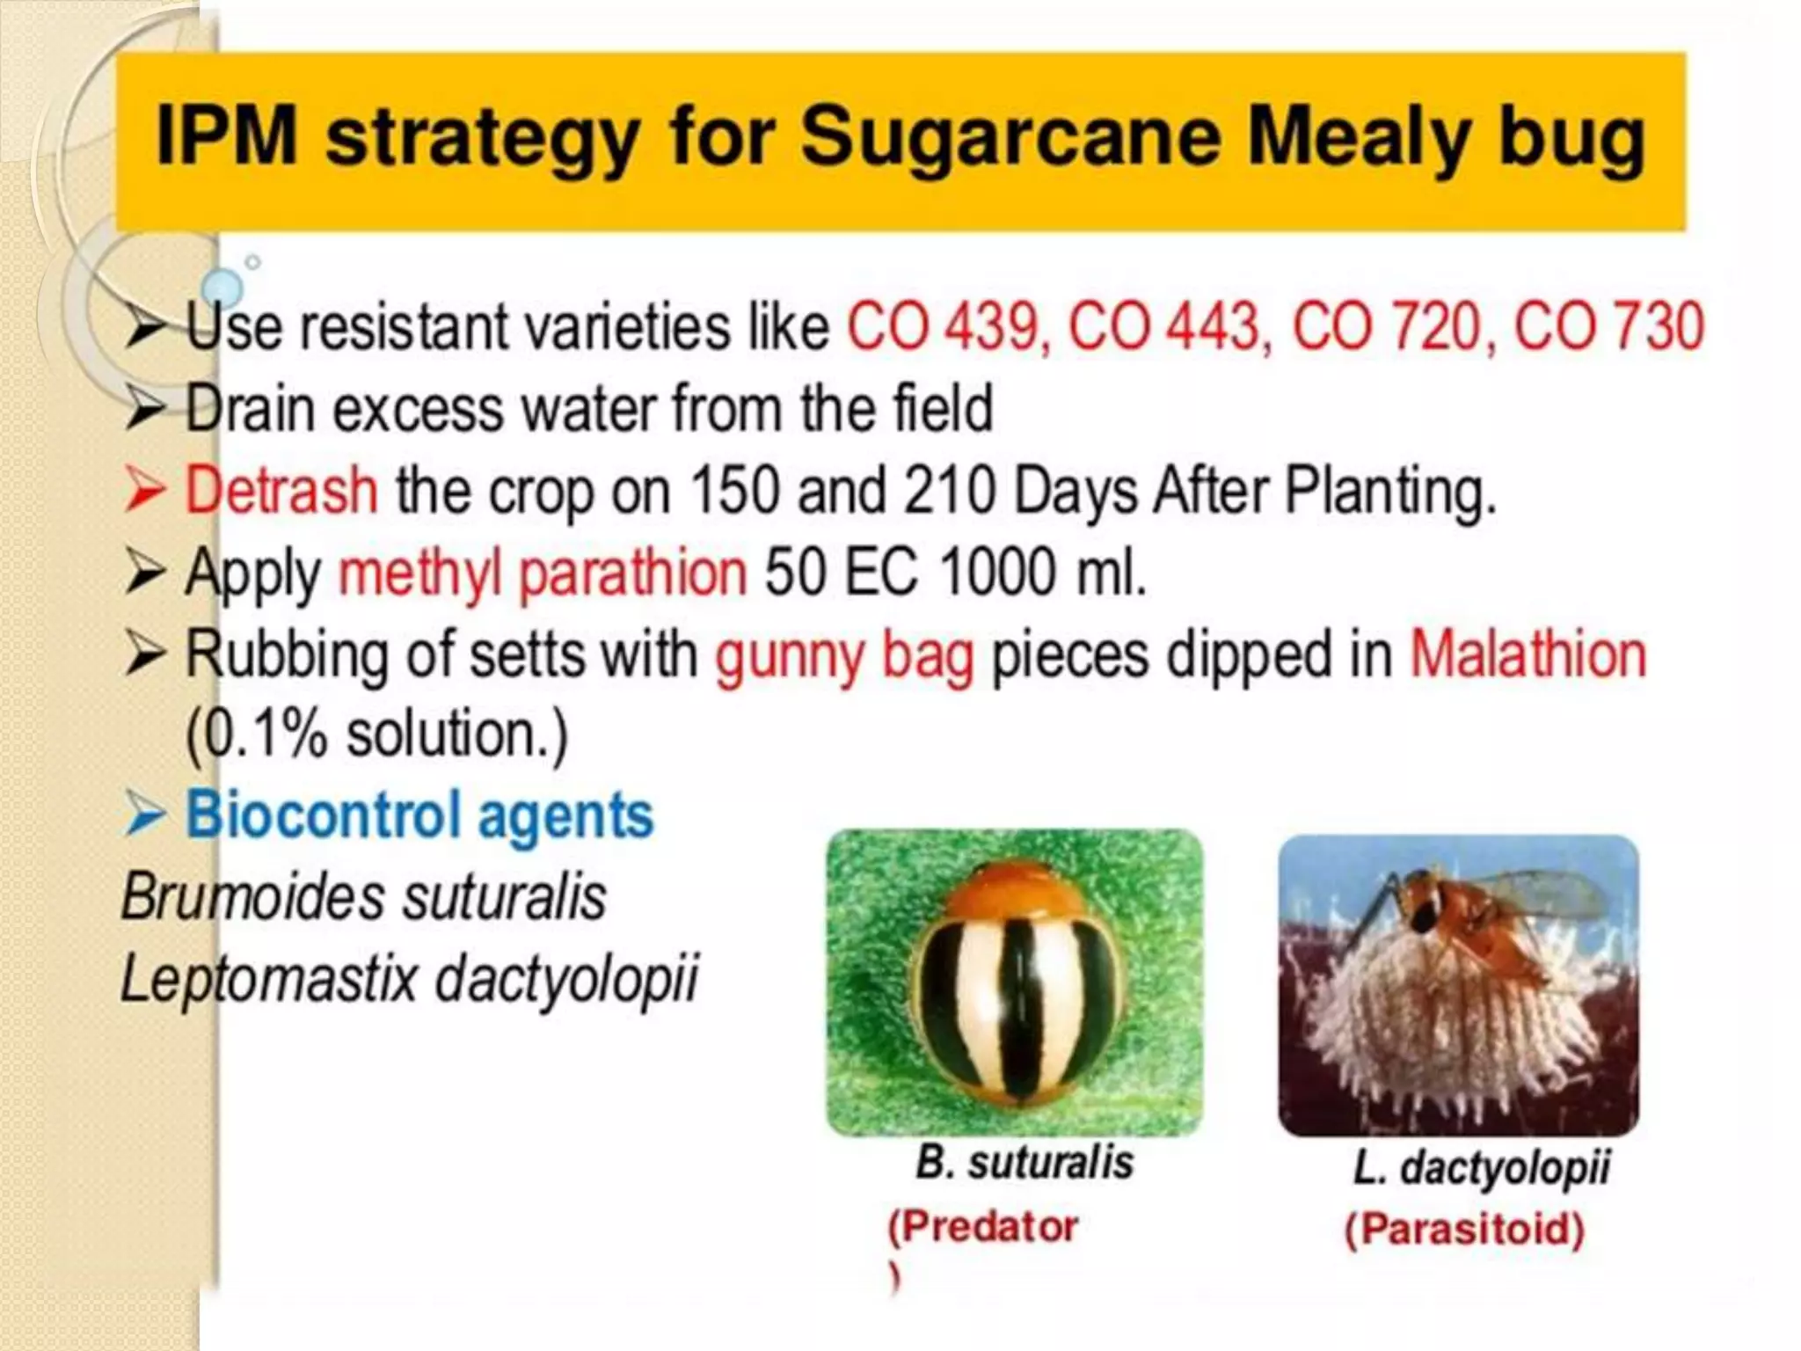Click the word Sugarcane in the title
1011,136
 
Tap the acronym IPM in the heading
227,136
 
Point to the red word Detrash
281,490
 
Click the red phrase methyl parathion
543,573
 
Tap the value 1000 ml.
1042,573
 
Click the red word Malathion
1528,655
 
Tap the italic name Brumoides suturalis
363,897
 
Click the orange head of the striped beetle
1017,888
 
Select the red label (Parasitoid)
1464,1229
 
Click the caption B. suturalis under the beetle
1024,1162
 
